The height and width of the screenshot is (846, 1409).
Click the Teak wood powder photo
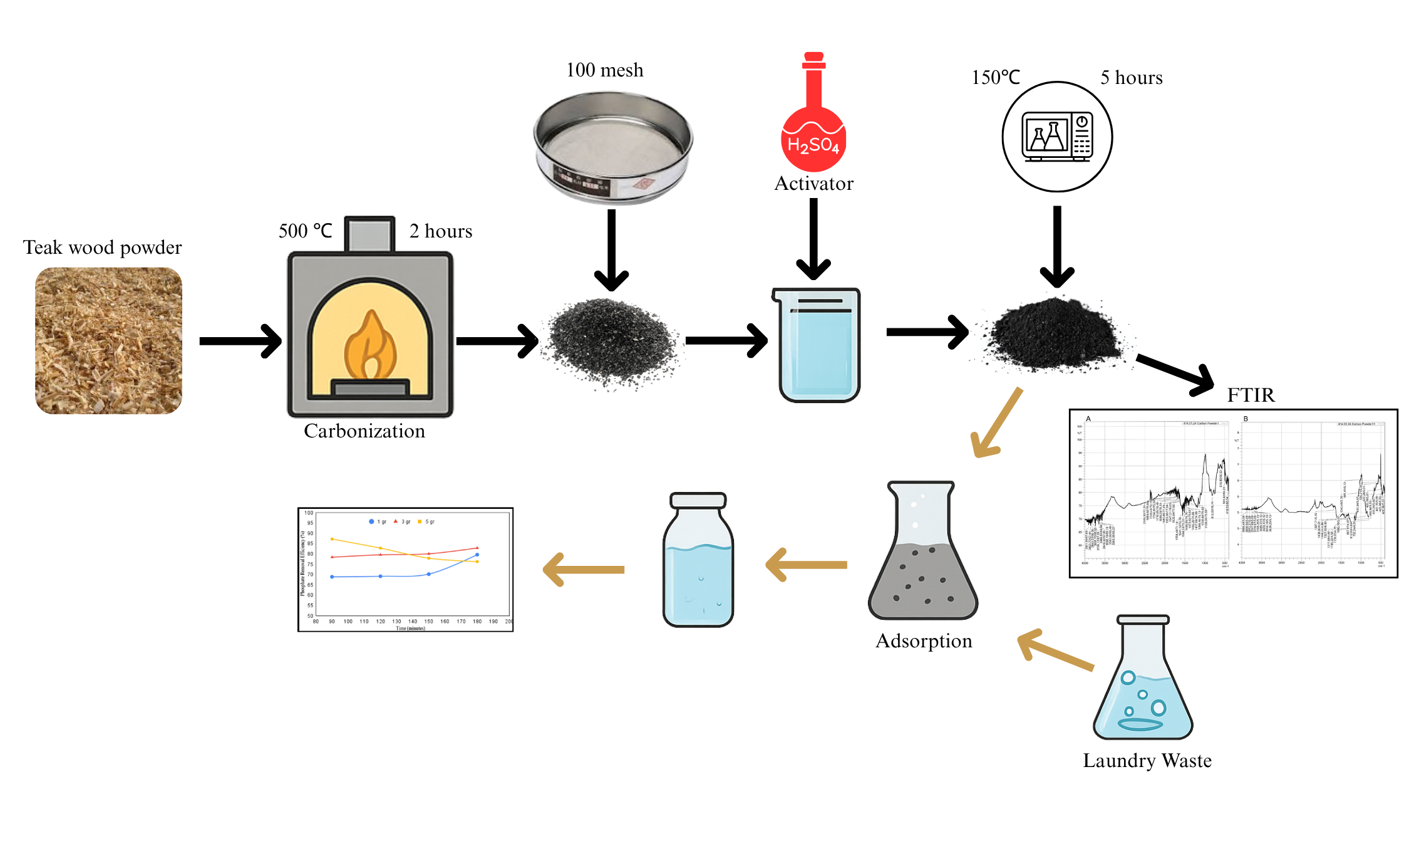coord(108,340)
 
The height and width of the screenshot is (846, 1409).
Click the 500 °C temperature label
coord(305,231)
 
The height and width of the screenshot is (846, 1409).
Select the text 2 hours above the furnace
coord(440,231)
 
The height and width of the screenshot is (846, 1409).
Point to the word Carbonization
coord(364,431)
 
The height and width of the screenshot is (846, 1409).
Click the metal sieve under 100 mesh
coord(612,147)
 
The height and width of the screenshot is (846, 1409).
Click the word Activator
coord(813,184)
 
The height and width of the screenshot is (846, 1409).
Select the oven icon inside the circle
coord(1057,137)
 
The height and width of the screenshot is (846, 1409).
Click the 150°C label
coord(996,78)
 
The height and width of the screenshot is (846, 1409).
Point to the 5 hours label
coord(1131,78)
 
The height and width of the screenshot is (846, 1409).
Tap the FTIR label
coord(1251,395)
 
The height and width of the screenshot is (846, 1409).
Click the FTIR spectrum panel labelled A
coord(1156,492)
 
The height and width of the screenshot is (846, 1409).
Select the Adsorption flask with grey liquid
coord(923,551)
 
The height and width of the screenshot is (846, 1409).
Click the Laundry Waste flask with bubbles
coord(1143,680)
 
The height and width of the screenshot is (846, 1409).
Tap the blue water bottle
coord(698,561)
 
